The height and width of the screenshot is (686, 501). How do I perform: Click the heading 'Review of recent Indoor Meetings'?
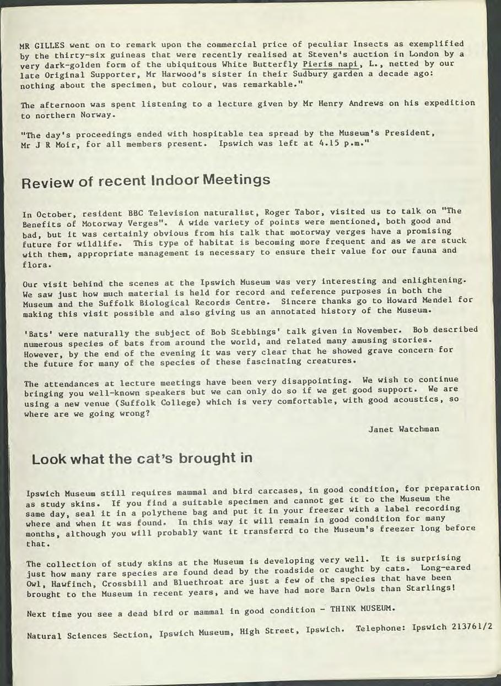[146, 181]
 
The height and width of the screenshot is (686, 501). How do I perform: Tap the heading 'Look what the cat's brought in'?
[142, 459]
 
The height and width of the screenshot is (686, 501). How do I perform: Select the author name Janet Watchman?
[403, 429]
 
